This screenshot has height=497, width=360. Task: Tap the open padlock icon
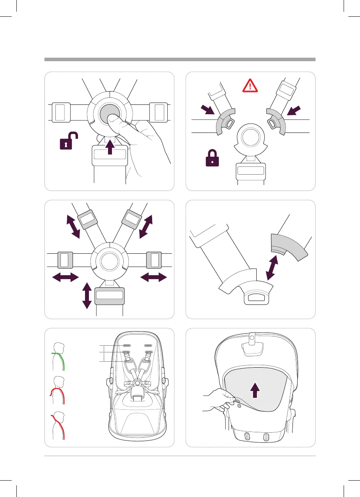pyautogui.click(x=69, y=141)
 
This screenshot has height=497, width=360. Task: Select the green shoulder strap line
pyautogui.click(x=62, y=361)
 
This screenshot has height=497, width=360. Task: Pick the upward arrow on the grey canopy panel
pyautogui.click(x=254, y=389)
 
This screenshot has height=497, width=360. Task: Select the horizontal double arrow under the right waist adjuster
pyautogui.click(x=154, y=278)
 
